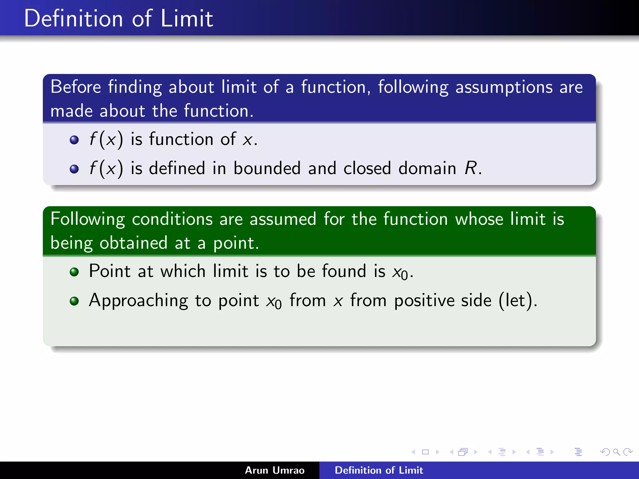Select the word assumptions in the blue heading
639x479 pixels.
(x=504, y=87)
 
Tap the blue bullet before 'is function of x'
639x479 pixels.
(x=74, y=140)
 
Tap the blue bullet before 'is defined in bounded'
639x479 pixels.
(x=74, y=169)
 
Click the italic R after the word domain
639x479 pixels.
(x=470, y=168)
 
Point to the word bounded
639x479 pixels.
(x=267, y=168)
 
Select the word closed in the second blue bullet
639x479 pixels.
(x=367, y=168)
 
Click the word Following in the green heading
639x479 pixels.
(x=88, y=219)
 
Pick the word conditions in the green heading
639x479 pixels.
(x=172, y=219)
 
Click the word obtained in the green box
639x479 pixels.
(x=133, y=243)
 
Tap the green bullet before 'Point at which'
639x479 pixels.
(x=74, y=272)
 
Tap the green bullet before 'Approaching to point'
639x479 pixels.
(x=74, y=301)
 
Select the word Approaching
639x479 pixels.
(x=138, y=301)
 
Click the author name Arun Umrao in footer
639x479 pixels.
(x=275, y=470)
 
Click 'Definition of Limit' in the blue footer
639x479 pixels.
(x=379, y=470)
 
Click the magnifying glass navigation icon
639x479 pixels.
(x=616, y=452)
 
